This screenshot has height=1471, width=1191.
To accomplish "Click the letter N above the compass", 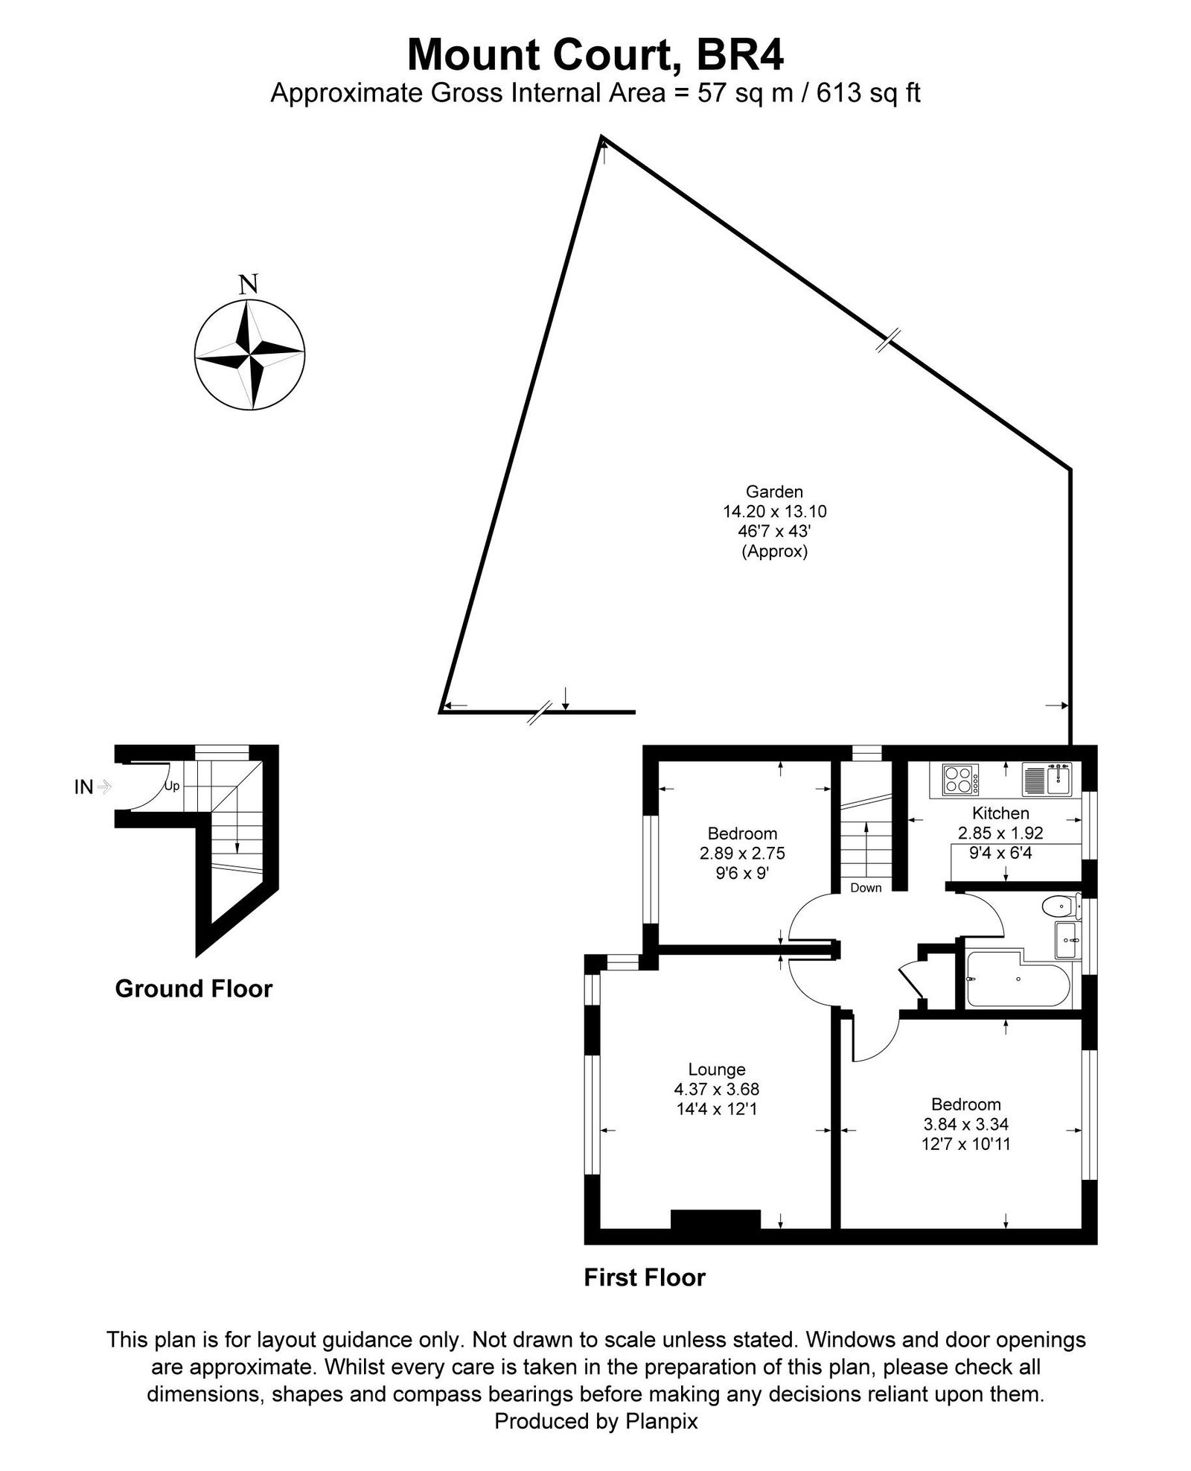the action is [249, 284].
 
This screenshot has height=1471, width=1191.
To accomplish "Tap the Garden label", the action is [774, 492].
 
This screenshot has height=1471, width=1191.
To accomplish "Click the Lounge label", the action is [717, 1070].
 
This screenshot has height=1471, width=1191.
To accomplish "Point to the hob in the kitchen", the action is [961, 780].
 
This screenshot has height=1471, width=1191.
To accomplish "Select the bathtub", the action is [1016, 979].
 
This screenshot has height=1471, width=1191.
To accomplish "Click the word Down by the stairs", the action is [866, 887].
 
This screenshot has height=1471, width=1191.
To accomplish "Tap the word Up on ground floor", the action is [171, 787].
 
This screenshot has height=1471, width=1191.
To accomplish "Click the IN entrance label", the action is [83, 787].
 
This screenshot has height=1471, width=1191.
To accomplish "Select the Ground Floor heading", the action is [194, 988].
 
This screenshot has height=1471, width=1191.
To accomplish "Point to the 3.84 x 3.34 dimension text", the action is [965, 1124].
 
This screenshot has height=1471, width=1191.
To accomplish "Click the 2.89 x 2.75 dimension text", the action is [742, 854].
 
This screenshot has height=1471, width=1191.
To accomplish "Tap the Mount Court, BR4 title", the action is [595, 54].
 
